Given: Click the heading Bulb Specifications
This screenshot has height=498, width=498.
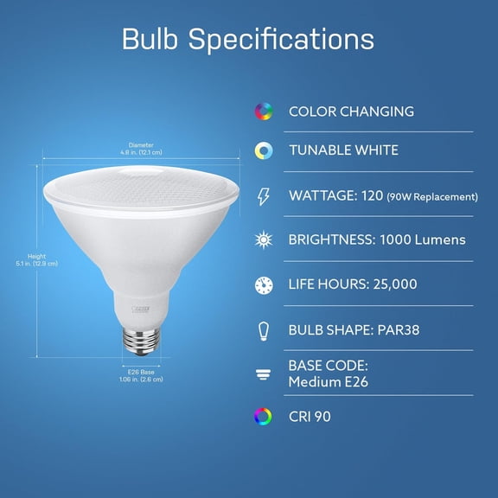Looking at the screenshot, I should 248,39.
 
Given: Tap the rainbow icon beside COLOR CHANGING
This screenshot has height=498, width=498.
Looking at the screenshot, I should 263,112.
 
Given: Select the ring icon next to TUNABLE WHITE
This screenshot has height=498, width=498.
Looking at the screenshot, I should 263,150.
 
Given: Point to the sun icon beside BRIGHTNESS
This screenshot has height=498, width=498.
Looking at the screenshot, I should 263,239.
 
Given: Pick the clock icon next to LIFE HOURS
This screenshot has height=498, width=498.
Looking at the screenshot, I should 263,284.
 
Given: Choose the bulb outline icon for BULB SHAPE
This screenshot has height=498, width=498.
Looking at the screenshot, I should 263,329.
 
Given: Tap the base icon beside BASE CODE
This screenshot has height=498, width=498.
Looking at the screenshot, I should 263,373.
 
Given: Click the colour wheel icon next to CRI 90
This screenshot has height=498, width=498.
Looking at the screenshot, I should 263,417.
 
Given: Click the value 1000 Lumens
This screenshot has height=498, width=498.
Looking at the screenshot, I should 423,239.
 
